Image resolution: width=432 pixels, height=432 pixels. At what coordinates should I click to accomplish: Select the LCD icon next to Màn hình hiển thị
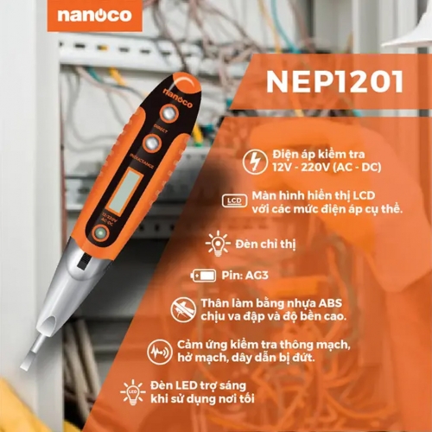(x=231, y=201)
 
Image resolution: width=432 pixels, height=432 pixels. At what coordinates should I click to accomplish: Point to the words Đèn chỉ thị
(x=264, y=245)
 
